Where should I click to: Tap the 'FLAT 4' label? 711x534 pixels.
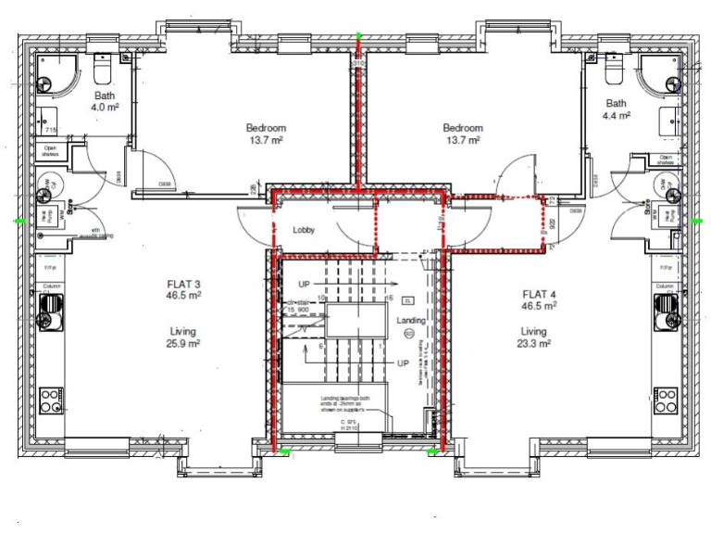click(x=538, y=292)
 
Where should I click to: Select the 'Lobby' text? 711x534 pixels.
click(x=306, y=229)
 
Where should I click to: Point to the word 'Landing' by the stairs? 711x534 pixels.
click(x=411, y=321)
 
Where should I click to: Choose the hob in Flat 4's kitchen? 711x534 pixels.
click(x=665, y=400)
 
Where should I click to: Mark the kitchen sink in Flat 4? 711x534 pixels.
click(x=666, y=318)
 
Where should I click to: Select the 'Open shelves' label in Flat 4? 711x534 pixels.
click(x=665, y=159)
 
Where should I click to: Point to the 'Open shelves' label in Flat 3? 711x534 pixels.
click(x=48, y=151)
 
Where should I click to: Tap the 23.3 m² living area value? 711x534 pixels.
click(x=533, y=343)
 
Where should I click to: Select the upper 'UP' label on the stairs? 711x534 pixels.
click(x=304, y=283)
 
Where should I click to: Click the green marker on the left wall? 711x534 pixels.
click(x=19, y=221)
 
